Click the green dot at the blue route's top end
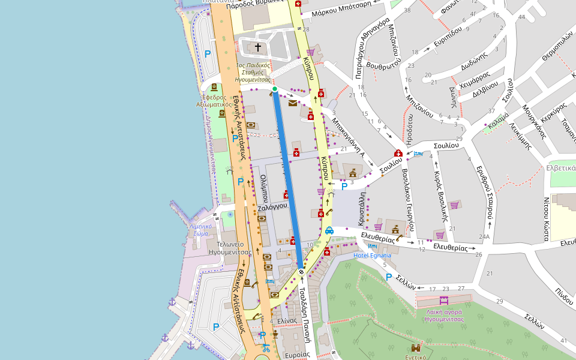[275, 89]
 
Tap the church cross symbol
[259, 47]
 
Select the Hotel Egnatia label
[372, 256]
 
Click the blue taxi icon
[329, 230]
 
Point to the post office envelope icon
[292, 103]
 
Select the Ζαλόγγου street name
[270, 208]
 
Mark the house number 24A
[484, 237]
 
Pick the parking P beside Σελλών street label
[389, 277]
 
